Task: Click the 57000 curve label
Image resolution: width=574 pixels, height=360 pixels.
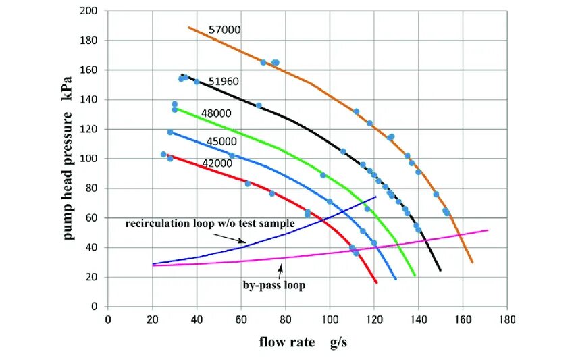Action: (225, 30)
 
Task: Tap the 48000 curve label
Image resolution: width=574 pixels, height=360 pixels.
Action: (216, 113)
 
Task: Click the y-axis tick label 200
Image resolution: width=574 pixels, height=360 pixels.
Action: (88, 11)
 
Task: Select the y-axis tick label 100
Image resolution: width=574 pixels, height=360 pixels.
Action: (88, 159)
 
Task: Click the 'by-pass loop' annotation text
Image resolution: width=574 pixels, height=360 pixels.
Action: (274, 286)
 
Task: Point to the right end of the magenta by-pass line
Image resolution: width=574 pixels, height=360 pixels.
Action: (488, 230)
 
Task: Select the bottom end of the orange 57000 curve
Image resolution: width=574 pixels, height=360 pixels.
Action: (472, 262)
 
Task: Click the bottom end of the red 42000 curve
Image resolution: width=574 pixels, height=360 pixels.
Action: (377, 283)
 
